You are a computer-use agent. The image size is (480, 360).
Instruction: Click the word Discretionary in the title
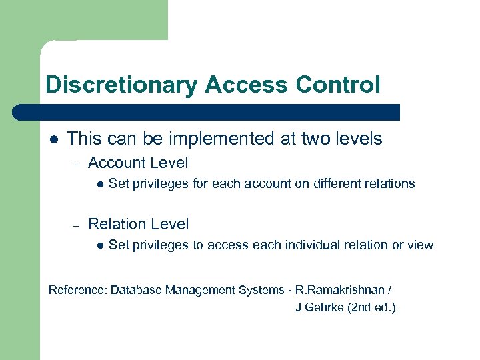tap(121, 85)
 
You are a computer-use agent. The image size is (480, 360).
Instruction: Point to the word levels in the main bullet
tap(355, 139)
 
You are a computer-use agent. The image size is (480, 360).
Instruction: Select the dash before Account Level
tap(77, 163)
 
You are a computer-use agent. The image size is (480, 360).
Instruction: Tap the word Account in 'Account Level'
tap(118, 163)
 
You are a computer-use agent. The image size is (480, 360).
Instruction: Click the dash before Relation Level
tap(77, 225)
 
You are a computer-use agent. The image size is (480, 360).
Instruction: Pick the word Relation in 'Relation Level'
tap(119, 224)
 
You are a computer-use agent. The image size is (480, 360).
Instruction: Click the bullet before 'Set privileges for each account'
tap(99, 184)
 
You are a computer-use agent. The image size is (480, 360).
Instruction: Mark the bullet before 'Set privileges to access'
tap(99, 245)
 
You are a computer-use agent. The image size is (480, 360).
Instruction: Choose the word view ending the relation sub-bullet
tap(420, 245)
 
